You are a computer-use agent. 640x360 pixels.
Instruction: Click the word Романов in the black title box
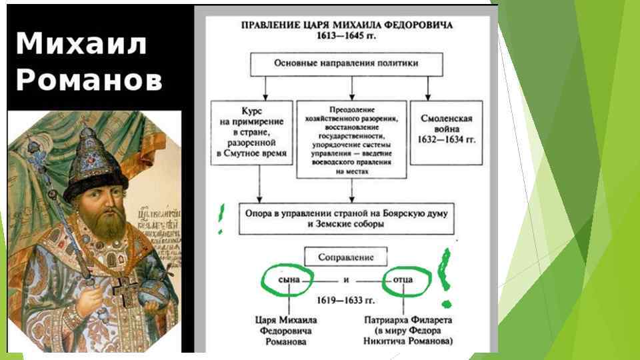(x=89, y=80)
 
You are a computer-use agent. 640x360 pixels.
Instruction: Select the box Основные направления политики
(x=347, y=65)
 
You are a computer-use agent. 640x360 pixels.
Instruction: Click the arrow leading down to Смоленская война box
(x=427, y=89)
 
